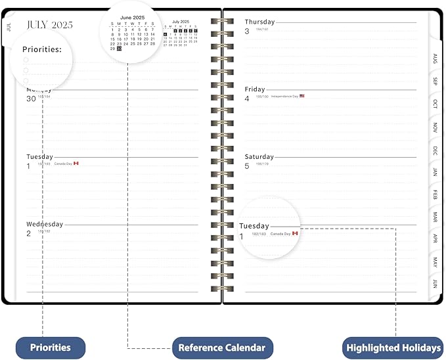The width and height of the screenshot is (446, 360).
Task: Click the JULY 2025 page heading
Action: point(50,25)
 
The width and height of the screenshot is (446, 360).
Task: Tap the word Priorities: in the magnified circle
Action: point(42,49)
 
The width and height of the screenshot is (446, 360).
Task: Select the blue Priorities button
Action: point(51,348)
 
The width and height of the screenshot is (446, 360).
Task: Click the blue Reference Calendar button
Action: point(222,348)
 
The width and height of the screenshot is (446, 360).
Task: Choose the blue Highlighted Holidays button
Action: point(393,348)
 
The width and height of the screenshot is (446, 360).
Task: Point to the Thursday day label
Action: point(259,22)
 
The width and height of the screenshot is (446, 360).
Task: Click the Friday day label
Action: point(255,89)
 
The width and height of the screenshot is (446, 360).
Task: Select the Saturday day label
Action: point(259,157)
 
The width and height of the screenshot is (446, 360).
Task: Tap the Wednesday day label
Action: point(45,224)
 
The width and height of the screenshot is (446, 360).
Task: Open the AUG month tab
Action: point(434,59)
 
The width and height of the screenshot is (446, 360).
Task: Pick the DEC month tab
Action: point(434,150)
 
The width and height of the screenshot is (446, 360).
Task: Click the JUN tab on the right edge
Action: point(434,284)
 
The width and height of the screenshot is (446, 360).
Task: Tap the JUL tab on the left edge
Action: point(9,27)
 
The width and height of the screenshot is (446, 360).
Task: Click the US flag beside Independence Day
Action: point(302,97)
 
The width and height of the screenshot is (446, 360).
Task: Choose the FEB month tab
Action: point(434,194)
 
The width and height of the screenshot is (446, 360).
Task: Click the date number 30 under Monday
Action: point(31,99)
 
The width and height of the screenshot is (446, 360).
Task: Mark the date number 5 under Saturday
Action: point(247,166)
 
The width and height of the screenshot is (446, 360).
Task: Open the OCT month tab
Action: point(434,104)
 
